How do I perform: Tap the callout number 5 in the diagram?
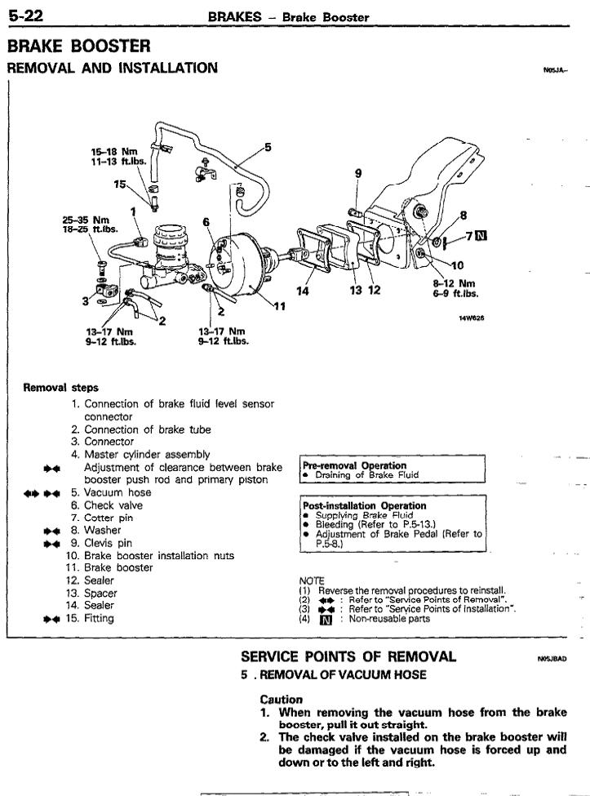point(267,148)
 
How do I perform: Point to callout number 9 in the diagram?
point(357,173)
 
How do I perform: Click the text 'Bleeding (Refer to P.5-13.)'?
point(367,524)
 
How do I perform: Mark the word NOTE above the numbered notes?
point(312,580)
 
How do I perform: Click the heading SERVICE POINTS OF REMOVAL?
point(348,656)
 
